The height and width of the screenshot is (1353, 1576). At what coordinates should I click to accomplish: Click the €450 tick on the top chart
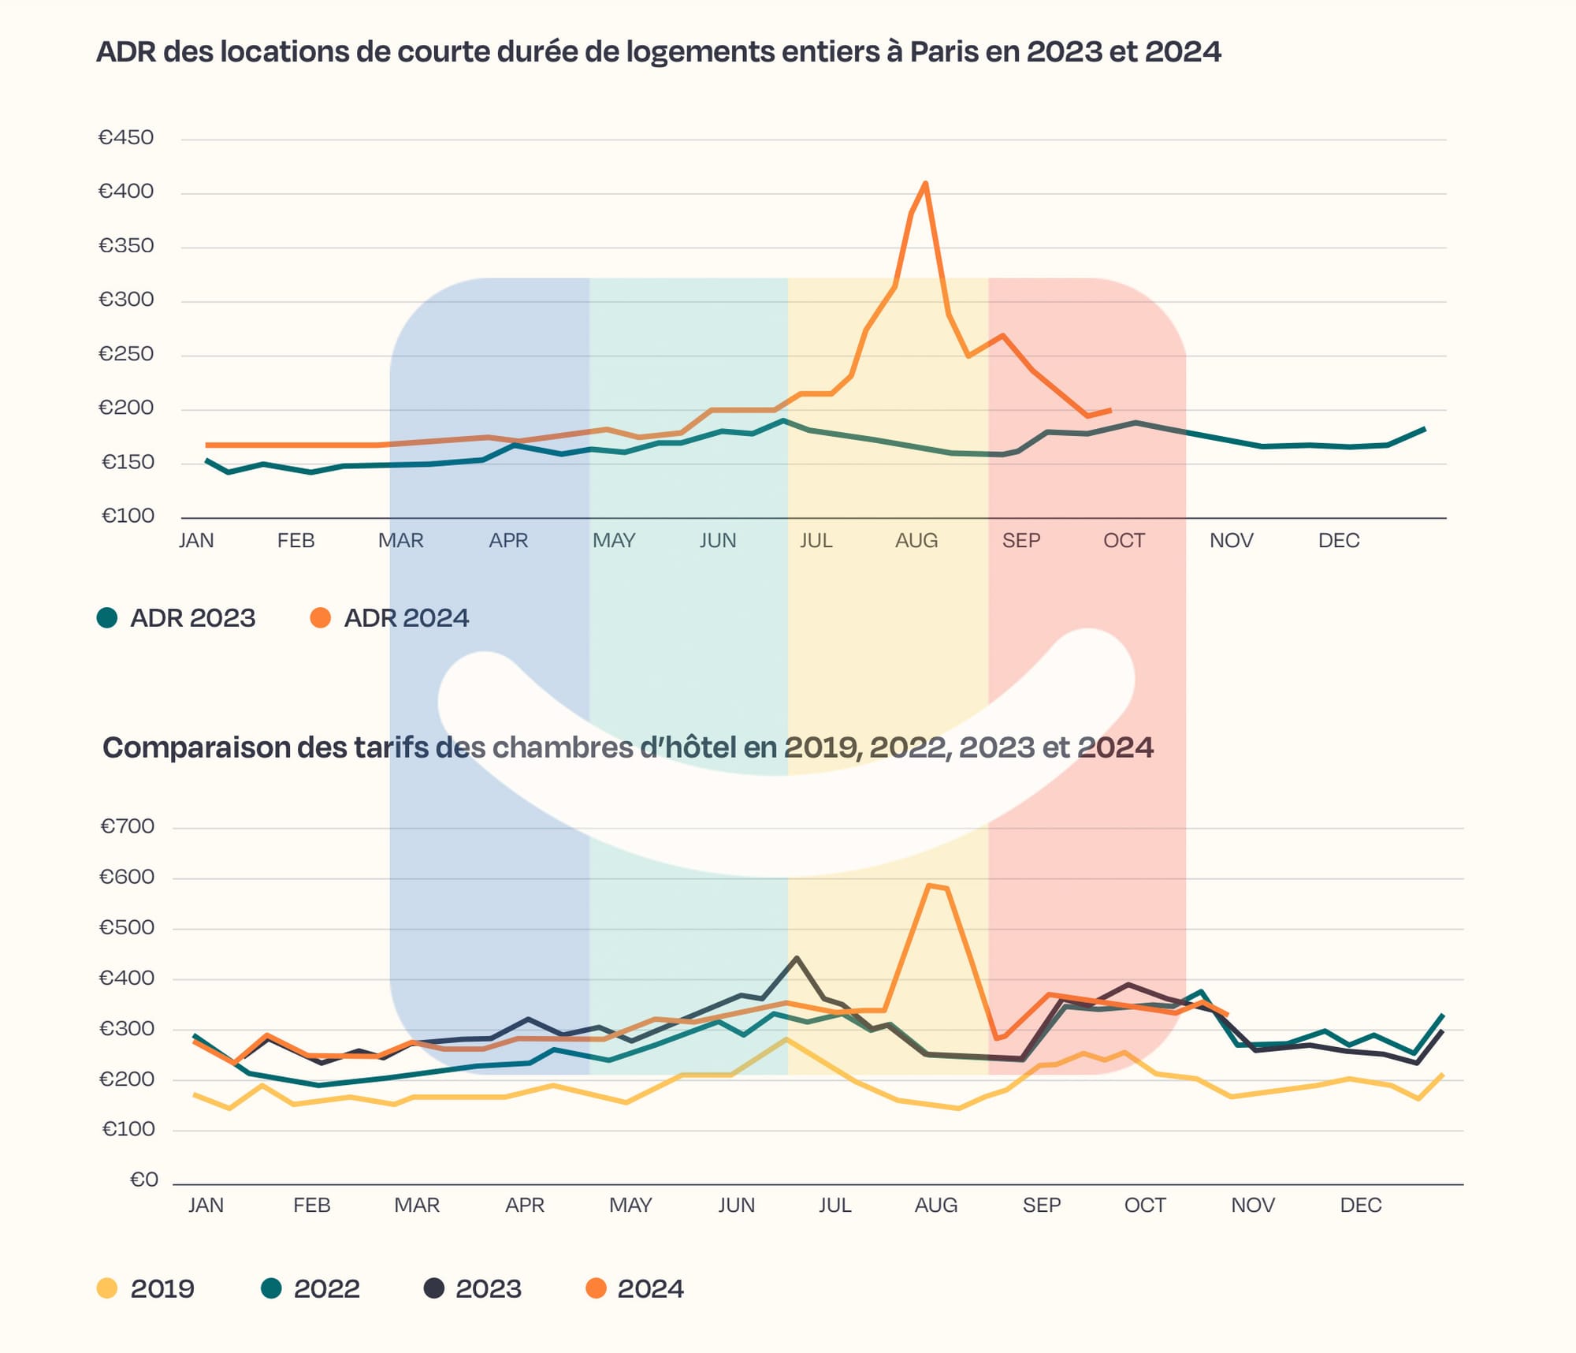pos(126,138)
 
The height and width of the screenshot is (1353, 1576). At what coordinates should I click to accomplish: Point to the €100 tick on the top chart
pos(128,516)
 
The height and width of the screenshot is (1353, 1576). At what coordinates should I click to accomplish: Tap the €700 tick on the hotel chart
pos(128,826)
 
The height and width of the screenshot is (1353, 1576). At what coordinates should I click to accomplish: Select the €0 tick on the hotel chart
pos(144,1180)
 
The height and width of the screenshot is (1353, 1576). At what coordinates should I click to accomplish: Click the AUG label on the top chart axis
pos(916,541)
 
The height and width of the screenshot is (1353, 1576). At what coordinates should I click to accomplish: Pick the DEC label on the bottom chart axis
pos(1361,1206)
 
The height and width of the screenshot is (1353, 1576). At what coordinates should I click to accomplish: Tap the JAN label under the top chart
pos(196,541)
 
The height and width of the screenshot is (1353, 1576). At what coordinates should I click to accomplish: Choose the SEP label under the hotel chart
pos(1042,1206)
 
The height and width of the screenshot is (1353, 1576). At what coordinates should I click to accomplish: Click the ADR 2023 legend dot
pos(107,617)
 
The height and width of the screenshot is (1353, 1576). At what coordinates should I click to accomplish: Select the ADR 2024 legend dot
pos(321,617)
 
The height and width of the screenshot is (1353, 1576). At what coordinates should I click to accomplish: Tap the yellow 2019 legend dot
pos(107,1288)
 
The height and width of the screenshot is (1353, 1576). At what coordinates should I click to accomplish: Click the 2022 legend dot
pos(271,1288)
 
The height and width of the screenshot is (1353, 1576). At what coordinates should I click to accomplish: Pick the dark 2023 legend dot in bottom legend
pos(434,1288)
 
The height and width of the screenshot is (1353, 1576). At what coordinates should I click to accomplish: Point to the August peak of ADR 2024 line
pos(925,183)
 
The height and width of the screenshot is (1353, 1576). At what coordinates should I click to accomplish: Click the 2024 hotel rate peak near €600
pos(930,885)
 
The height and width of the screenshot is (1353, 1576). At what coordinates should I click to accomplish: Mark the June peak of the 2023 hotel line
pos(797,958)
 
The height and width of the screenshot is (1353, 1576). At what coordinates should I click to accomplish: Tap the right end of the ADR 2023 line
pos(1425,429)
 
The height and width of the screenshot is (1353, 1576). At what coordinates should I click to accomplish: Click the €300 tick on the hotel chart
pos(127,1029)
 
